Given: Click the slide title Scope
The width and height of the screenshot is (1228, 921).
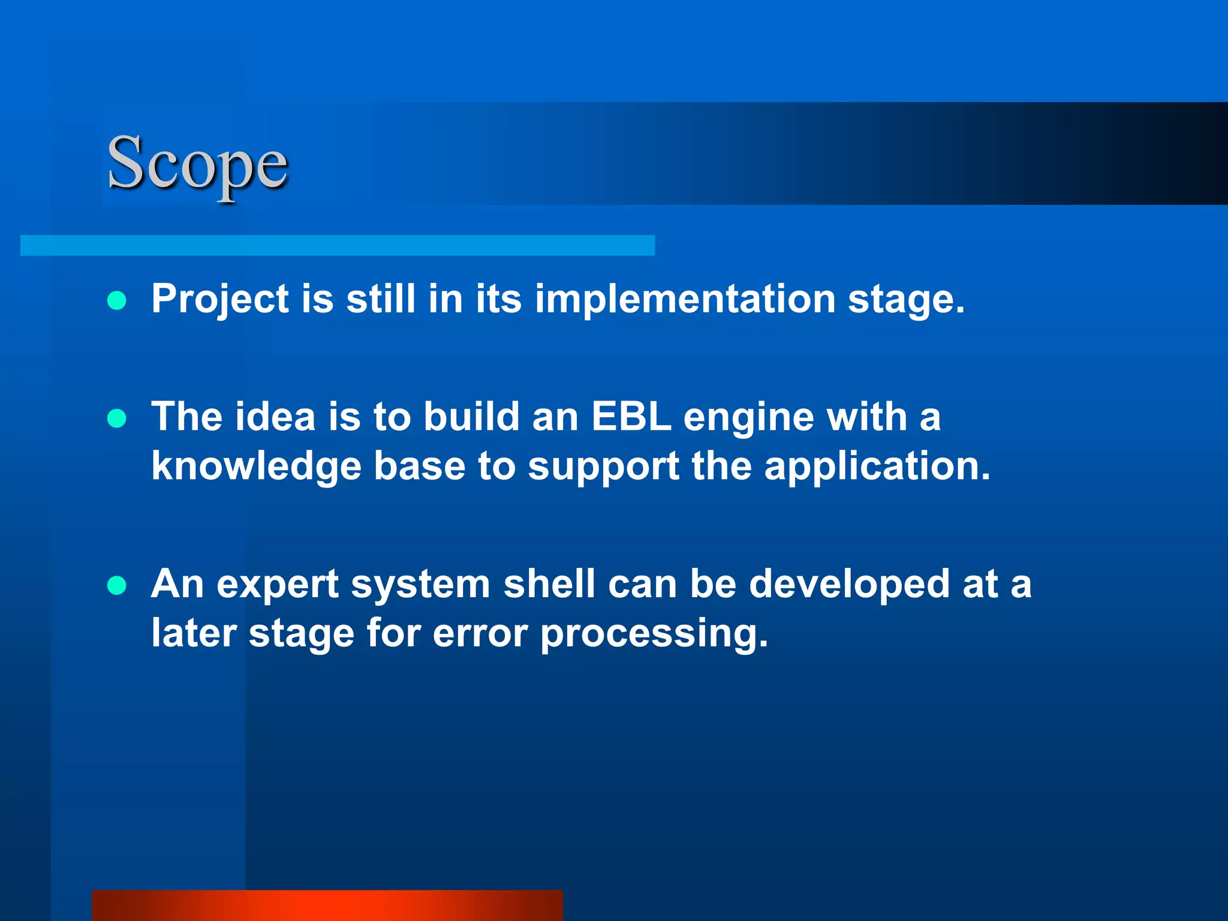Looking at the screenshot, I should tap(197, 164).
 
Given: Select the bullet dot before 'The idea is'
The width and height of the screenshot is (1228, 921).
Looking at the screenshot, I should tap(117, 418).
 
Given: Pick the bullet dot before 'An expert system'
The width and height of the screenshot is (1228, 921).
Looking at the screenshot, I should tap(117, 585).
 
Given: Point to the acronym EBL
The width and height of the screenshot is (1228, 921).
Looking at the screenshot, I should tap(631, 416).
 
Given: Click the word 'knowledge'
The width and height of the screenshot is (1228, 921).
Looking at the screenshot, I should tap(256, 466).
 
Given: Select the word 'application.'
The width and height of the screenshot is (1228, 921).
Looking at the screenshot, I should tap(877, 466).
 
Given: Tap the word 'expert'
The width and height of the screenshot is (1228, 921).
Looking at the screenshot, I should tap(278, 585).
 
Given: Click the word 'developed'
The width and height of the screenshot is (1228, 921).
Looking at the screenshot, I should tap(849, 585).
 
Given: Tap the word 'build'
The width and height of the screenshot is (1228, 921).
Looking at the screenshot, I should tap(471, 416).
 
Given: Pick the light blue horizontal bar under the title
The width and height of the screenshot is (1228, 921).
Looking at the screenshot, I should tap(337, 245).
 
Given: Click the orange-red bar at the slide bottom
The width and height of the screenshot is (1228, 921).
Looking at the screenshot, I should tap(327, 905).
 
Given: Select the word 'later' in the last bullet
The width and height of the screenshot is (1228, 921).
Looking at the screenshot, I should tap(194, 633).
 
